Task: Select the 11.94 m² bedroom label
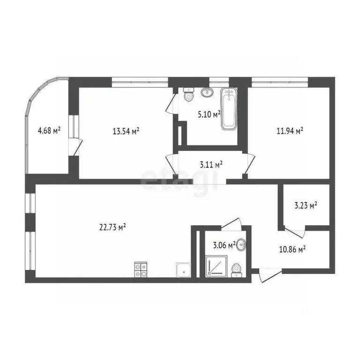(290, 131)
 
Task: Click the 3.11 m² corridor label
(210, 164)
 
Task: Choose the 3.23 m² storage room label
(305, 205)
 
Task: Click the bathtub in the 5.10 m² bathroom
(229, 109)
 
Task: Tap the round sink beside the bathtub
(207, 92)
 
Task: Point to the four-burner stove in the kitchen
(141, 269)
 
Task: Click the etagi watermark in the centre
(180, 179)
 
